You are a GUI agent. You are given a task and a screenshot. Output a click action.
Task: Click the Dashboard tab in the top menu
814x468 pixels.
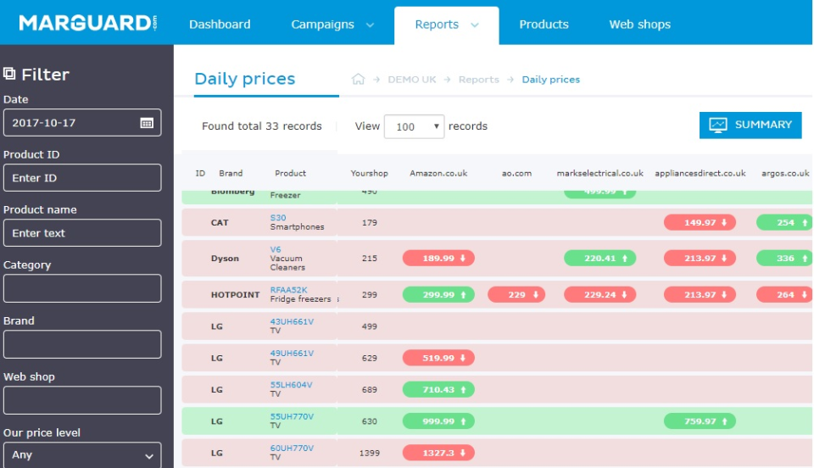(220, 25)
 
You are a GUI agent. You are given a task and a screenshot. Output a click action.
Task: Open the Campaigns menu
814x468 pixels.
(332, 25)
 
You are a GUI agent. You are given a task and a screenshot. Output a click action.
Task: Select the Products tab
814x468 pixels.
(544, 25)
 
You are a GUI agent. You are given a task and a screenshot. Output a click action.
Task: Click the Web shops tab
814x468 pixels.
(639, 25)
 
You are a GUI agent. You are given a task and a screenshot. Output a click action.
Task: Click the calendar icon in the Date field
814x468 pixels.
(147, 123)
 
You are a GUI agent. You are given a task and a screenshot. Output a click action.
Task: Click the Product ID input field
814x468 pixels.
(81, 178)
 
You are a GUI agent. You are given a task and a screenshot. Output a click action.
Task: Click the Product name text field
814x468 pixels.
(81, 233)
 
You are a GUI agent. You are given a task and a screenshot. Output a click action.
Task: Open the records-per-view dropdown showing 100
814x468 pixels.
(414, 126)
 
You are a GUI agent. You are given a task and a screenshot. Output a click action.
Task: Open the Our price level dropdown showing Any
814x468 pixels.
(81, 455)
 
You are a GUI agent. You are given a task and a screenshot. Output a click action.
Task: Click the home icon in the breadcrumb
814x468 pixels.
(358, 80)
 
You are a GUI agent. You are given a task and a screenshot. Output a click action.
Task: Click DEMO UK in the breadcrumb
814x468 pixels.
(411, 80)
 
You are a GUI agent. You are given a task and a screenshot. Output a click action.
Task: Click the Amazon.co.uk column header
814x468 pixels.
(438, 173)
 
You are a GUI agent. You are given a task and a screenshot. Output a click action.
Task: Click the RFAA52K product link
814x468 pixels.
(289, 290)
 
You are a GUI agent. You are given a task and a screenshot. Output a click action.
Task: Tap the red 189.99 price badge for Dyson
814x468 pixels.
(438, 259)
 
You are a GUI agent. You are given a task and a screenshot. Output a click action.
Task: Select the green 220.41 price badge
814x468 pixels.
(599, 259)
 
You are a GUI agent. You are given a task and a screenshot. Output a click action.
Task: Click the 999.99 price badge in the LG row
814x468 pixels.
(438, 421)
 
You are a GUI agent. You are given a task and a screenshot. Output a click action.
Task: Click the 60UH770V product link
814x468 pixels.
(292, 448)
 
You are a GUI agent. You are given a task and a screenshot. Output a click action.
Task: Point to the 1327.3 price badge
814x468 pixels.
(438, 454)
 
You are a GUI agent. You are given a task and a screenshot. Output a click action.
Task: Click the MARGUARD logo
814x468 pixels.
(87, 23)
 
